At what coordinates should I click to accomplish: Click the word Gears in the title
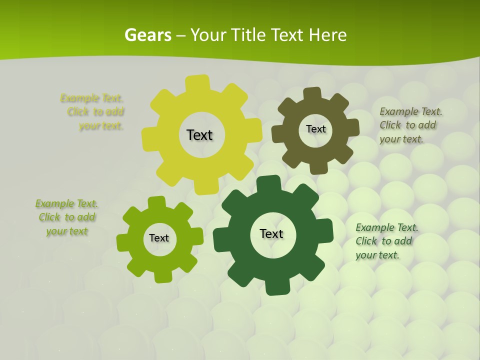point(148,35)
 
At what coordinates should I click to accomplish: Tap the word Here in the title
point(328,35)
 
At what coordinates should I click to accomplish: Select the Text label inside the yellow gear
point(199,135)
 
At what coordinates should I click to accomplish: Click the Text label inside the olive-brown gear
point(315,129)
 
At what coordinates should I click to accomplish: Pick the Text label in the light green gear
point(159,238)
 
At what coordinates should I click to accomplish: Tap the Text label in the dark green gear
point(271,233)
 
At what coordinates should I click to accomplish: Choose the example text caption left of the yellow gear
point(92,112)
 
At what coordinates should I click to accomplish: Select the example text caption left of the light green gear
point(66,217)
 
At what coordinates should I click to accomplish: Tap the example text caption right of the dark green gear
point(386,241)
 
